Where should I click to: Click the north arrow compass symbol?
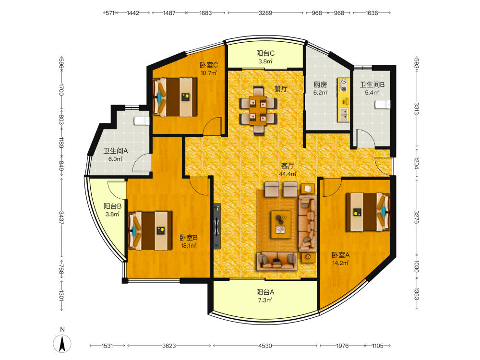pos(62,343)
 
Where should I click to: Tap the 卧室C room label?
pos(209,65)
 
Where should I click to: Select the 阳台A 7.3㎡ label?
pos(265,296)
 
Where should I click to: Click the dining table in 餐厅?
pos(258,110)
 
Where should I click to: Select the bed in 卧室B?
pos(150,231)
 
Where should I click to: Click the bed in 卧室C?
pos(175,97)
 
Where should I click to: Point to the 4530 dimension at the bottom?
pos(265,346)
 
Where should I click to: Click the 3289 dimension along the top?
pos(265,13)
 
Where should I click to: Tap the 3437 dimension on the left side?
pos(61,217)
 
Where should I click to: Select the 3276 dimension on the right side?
pos(417,217)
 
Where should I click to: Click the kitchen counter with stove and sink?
pos(344,100)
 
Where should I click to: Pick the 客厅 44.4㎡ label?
pos(288,169)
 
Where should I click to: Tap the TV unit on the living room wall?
pos(217,226)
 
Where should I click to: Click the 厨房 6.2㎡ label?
pos(320,88)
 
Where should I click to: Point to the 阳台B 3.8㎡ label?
pos(112,210)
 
